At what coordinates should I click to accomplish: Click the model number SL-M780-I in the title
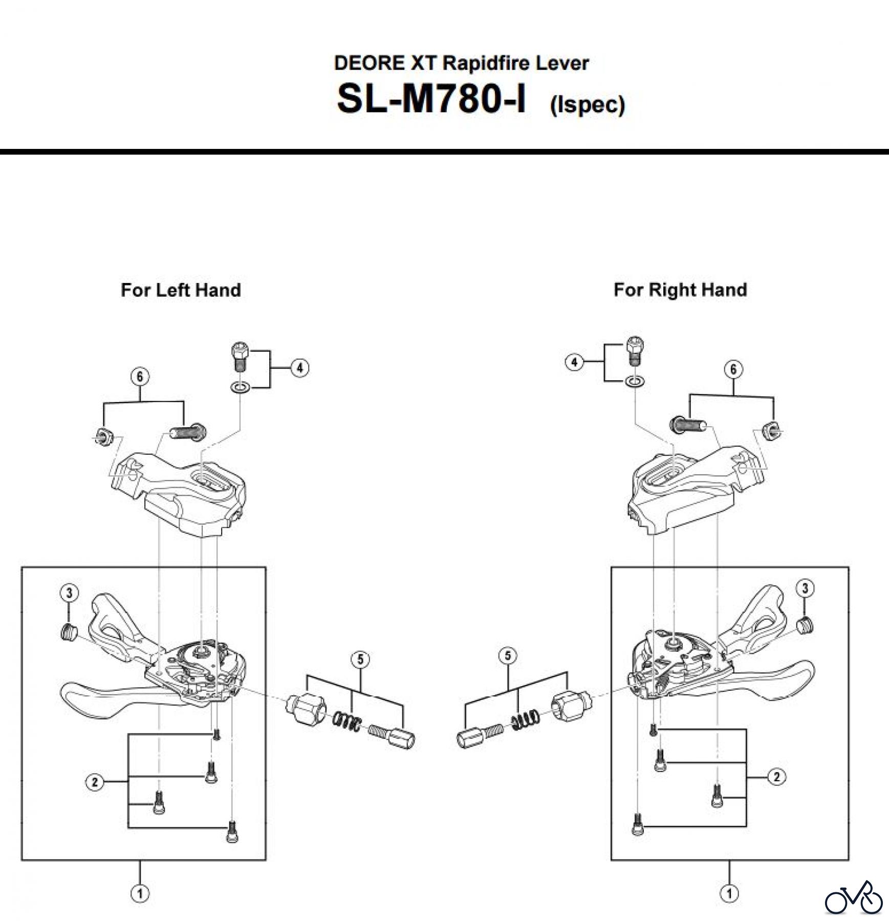[x=430, y=99]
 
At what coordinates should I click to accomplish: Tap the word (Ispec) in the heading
[x=587, y=104]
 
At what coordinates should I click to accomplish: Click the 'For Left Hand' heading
[x=181, y=290]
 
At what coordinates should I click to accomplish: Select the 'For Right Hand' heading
[x=680, y=290]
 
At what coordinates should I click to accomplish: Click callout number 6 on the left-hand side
[x=140, y=377]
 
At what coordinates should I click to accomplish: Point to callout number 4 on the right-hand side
[x=574, y=362]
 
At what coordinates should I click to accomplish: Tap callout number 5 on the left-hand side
[x=360, y=660]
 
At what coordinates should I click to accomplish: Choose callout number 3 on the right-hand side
[x=805, y=588]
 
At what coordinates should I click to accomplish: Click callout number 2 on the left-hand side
[x=95, y=782]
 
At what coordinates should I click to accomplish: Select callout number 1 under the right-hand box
[x=729, y=894]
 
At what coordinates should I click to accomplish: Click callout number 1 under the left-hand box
[x=140, y=894]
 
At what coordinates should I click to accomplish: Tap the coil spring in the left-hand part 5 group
[x=348, y=721]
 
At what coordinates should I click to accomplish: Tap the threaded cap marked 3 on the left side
[x=68, y=632]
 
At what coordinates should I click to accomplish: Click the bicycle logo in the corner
[x=854, y=898]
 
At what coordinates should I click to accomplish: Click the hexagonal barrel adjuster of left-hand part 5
[x=305, y=708]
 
